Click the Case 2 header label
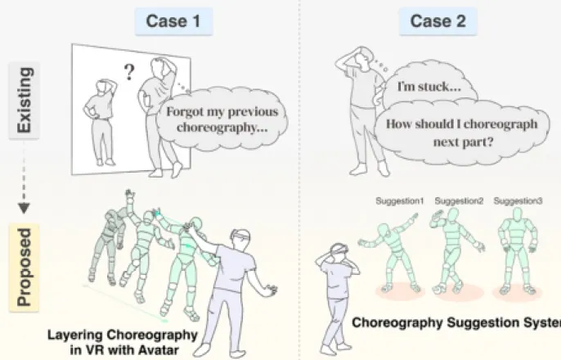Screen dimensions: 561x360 tap(438, 21)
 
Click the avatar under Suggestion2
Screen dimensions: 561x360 tap(456, 250)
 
